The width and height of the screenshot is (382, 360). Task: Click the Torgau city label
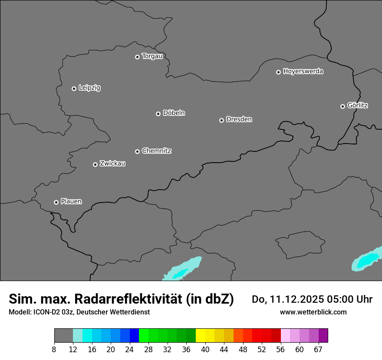tap(152, 56)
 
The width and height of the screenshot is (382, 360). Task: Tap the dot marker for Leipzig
tap(74, 88)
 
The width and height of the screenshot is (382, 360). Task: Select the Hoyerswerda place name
tap(303, 72)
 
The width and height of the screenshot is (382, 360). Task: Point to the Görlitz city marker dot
tap(342, 106)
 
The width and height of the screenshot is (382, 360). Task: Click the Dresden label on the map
tap(239, 119)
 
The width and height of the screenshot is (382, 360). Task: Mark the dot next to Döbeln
tap(158, 114)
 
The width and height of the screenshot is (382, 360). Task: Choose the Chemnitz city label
tap(157, 151)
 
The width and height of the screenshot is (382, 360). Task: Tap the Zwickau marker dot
tap(95, 164)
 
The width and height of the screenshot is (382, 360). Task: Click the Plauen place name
tap(71, 202)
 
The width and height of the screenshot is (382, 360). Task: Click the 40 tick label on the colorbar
tap(205, 350)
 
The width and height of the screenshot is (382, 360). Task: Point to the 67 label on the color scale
tap(318, 350)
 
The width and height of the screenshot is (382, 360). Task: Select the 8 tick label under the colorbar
tap(54, 350)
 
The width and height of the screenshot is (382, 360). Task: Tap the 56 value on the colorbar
tap(280, 350)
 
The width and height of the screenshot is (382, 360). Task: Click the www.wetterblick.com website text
tap(313, 312)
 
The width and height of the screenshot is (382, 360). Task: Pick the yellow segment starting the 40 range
tap(201, 336)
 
